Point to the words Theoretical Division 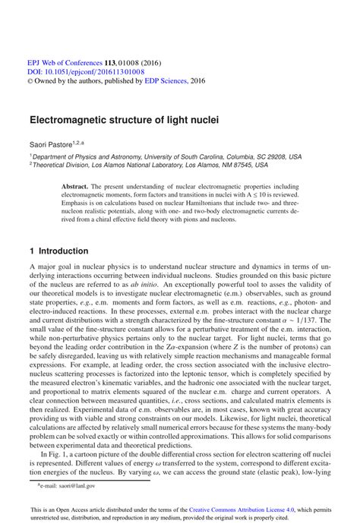61,166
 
